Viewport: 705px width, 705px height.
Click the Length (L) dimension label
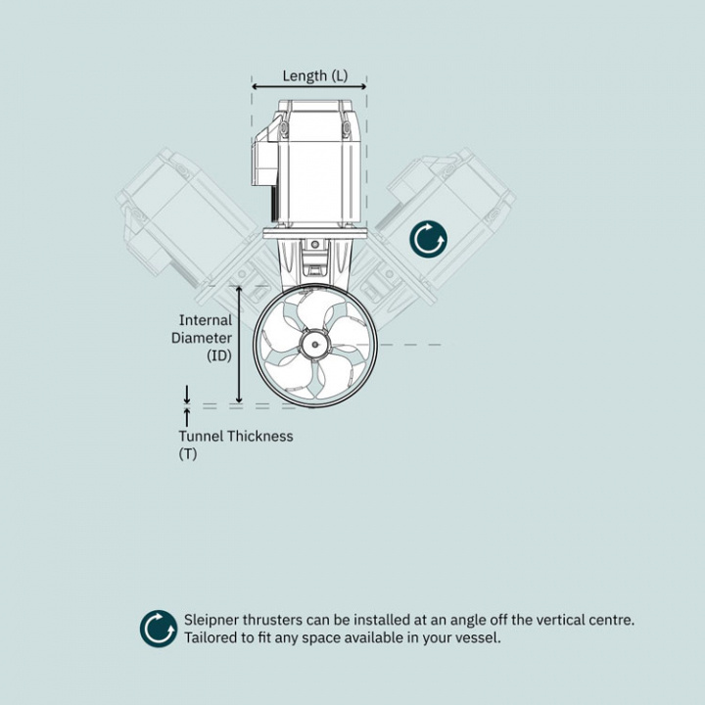(x=314, y=75)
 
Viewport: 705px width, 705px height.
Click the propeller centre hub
(x=315, y=344)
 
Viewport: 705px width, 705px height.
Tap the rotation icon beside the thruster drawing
(x=428, y=239)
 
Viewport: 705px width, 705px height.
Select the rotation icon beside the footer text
(x=159, y=629)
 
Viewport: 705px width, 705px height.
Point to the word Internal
(x=206, y=320)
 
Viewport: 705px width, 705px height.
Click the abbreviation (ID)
(x=218, y=356)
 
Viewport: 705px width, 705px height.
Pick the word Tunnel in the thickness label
(x=201, y=436)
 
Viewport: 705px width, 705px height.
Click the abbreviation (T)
(x=188, y=454)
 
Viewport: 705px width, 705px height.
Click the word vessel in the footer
(x=478, y=638)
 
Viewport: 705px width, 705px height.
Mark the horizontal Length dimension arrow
(x=309, y=87)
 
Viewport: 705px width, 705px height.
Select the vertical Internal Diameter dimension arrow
(x=239, y=344)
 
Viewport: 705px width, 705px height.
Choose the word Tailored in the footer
(x=211, y=638)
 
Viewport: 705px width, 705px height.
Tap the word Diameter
(x=202, y=339)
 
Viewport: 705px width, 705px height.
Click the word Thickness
(x=259, y=436)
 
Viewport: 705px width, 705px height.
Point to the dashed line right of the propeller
(x=411, y=345)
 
